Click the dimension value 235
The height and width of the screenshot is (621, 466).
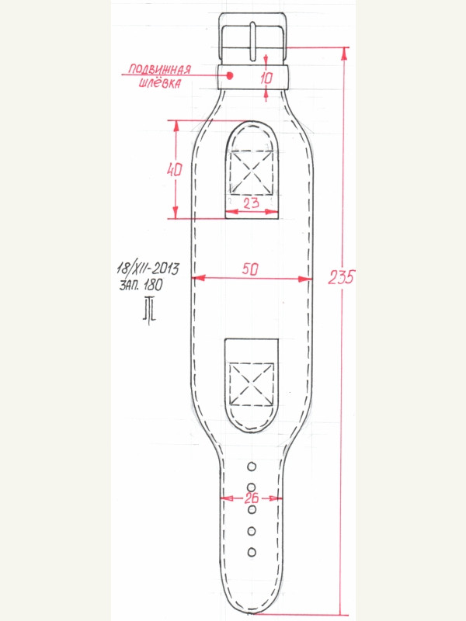coord(341,277)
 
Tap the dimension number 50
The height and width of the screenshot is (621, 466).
coord(250,269)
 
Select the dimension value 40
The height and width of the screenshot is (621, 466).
coord(174,170)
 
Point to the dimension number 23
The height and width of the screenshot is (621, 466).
coord(251,203)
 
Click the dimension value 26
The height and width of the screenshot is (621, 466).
coord(251,498)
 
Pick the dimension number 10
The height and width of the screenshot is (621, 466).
coord(266,78)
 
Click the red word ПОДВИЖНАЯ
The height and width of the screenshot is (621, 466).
coord(160,70)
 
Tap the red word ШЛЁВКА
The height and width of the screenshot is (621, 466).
coord(160,83)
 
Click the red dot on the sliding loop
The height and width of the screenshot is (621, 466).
coord(230,75)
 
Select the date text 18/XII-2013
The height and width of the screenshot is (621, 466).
coord(148,268)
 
